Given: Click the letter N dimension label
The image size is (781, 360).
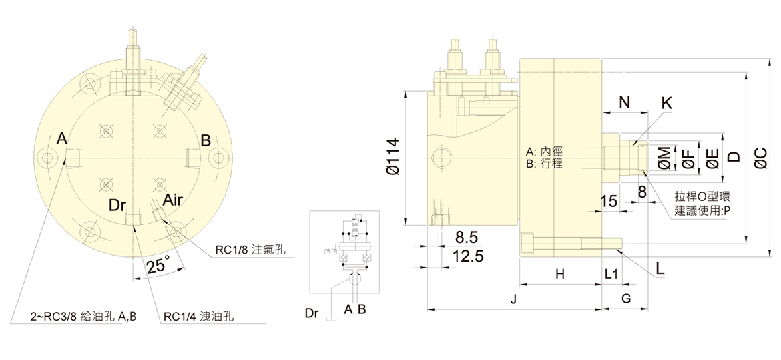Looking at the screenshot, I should tap(624, 102).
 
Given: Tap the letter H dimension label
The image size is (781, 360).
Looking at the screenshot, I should tap(560, 274).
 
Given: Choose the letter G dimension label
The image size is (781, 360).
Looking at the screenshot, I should tap(626, 299).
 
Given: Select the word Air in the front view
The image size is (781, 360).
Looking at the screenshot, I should tap(172, 200).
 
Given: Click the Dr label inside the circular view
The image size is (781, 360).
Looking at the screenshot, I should tap(118, 204).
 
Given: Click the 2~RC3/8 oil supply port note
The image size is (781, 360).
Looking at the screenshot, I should tap(83, 317).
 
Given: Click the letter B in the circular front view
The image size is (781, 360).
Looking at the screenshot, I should tap(206, 140).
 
